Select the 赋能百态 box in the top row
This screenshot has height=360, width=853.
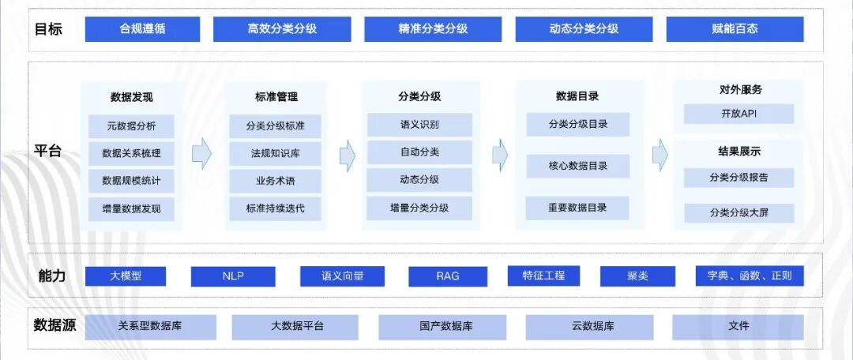coord(735,29)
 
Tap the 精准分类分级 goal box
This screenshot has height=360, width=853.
coord(433,29)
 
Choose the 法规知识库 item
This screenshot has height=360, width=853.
coord(275,153)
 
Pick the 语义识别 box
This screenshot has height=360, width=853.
coord(419,125)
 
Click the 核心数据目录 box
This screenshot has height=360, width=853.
coord(577,166)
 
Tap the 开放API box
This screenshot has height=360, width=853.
coord(738,114)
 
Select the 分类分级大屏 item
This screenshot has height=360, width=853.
coord(738,212)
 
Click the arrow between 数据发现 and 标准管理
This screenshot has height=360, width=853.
coord(202,153)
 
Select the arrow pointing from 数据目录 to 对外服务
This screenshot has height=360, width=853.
coord(660,155)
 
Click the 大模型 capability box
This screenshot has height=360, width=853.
coord(126,276)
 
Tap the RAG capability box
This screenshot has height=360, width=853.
coord(447,276)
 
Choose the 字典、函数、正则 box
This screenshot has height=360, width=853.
coord(749,276)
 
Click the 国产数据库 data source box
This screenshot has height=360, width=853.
coord(446,326)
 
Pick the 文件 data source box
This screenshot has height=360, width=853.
coord(738,326)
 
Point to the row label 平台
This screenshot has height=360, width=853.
coord(48,152)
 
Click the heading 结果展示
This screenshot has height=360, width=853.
coord(739,152)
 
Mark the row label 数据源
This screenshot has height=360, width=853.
coord(54,325)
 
